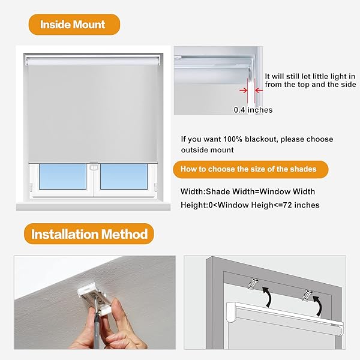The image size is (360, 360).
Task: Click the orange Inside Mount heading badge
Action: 73,25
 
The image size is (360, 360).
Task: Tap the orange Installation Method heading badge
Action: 89,233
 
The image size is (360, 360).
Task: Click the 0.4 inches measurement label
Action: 253,110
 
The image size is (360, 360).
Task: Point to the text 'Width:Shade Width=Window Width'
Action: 248,191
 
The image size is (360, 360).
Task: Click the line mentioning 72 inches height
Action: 250,205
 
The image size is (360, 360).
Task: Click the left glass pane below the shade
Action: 62,176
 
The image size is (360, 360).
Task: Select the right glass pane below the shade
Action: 124,176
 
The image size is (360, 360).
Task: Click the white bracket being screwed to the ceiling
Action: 94,297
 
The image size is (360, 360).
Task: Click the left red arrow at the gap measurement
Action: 243,90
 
